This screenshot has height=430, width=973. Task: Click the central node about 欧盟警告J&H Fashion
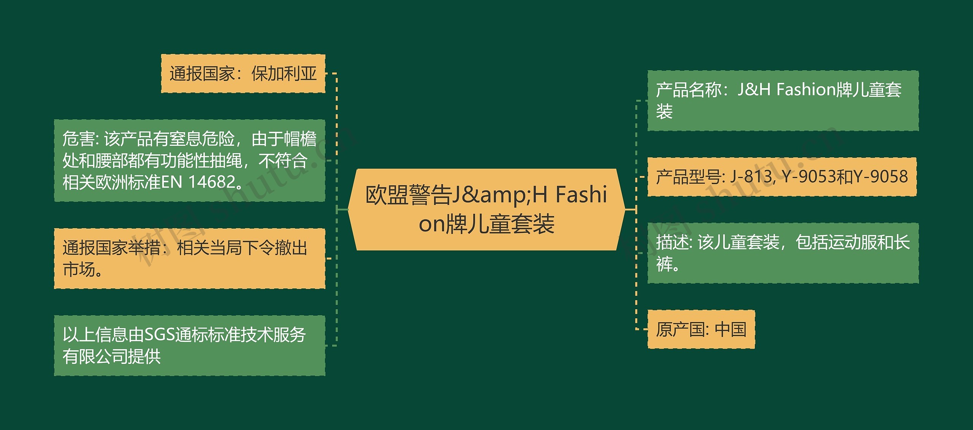click(x=486, y=209)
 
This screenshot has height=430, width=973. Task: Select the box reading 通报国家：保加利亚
click(x=243, y=73)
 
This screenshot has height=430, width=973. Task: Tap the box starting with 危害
click(x=189, y=160)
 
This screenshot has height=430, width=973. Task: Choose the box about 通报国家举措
click(x=189, y=258)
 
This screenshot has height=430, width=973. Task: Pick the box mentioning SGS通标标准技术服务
click(x=189, y=345)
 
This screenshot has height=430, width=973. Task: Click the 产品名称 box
click(x=783, y=101)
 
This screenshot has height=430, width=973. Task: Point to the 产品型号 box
click(x=782, y=177)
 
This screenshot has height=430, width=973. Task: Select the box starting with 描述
click(x=783, y=253)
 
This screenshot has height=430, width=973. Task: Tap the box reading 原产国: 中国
click(x=701, y=329)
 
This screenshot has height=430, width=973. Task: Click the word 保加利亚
click(x=284, y=73)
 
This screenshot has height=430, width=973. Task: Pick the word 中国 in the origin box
click(x=731, y=329)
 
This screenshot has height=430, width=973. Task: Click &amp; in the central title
click(x=497, y=194)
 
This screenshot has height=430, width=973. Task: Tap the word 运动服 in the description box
click(x=852, y=242)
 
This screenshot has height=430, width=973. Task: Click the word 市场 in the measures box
click(x=79, y=269)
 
